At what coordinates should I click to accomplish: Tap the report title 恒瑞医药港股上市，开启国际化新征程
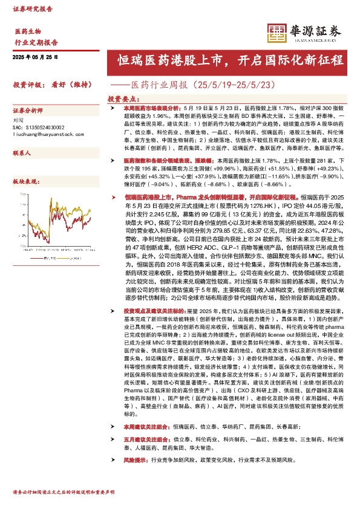(231, 60)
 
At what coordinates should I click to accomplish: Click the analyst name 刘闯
(18, 120)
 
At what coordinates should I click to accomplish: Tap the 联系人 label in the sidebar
(22, 154)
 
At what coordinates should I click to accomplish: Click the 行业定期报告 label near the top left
(36, 42)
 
